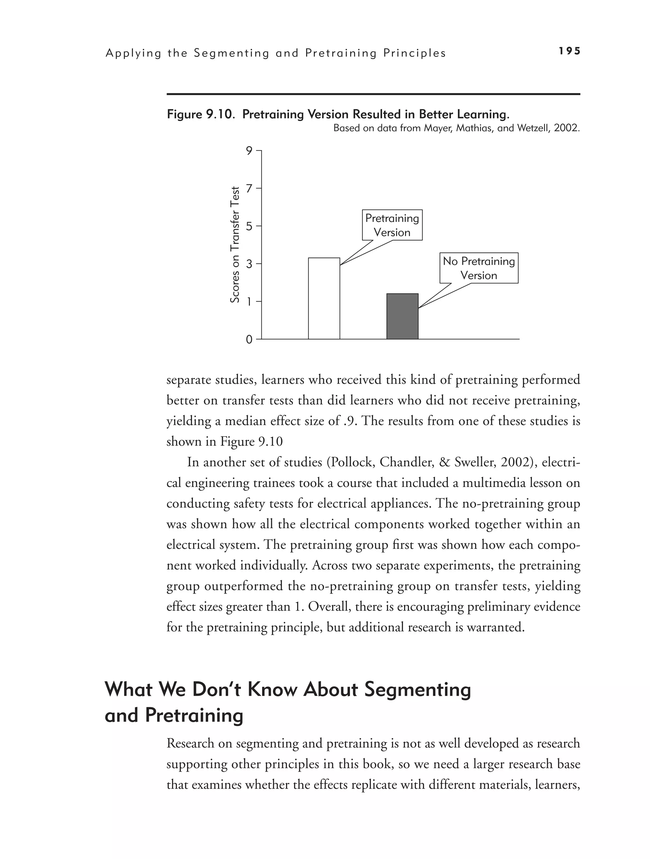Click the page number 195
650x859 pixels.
[x=569, y=51]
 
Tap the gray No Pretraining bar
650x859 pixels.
[x=402, y=316]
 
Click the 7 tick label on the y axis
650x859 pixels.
[x=249, y=188]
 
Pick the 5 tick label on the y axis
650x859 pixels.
[x=249, y=226]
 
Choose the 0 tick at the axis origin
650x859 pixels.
[x=249, y=340]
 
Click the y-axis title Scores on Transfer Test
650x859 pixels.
[x=234, y=245]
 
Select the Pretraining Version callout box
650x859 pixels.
[x=392, y=225]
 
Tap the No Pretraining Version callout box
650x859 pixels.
[x=479, y=268]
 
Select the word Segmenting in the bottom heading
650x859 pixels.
[x=418, y=690]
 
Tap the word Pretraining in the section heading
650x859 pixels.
[x=194, y=715]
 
